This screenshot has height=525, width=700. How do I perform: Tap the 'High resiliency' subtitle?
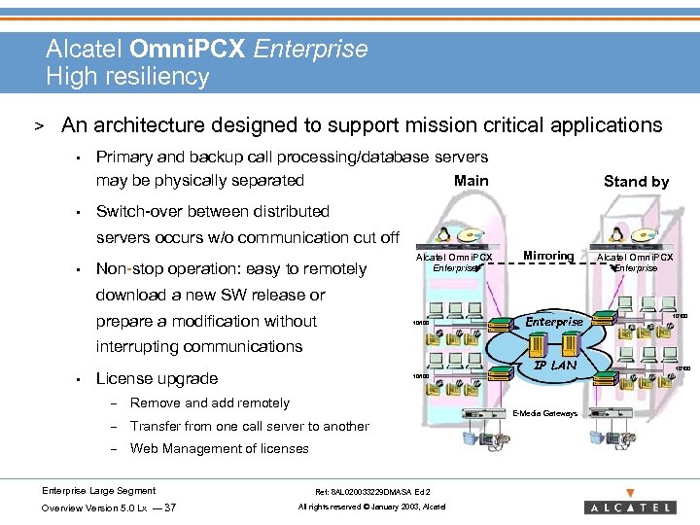click(x=127, y=77)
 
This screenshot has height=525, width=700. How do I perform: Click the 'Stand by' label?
click(x=636, y=181)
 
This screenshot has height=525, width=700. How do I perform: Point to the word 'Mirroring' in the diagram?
click(x=548, y=256)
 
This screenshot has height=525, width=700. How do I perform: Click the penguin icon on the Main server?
click(x=443, y=234)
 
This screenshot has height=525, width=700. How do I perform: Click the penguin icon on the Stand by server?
click(x=615, y=234)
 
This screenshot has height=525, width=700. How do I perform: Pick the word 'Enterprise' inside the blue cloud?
click(x=554, y=322)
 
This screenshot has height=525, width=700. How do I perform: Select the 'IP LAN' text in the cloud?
click(x=555, y=366)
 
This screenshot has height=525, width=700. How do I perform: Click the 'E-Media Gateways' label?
click(x=544, y=413)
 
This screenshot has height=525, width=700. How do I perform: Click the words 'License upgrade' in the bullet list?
click(x=157, y=378)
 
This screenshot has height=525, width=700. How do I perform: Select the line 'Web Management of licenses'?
click(x=219, y=448)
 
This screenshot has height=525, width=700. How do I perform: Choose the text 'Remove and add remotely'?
click(x=209, y=402)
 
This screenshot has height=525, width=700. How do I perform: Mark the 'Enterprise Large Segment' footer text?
click(x=98, y=490)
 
